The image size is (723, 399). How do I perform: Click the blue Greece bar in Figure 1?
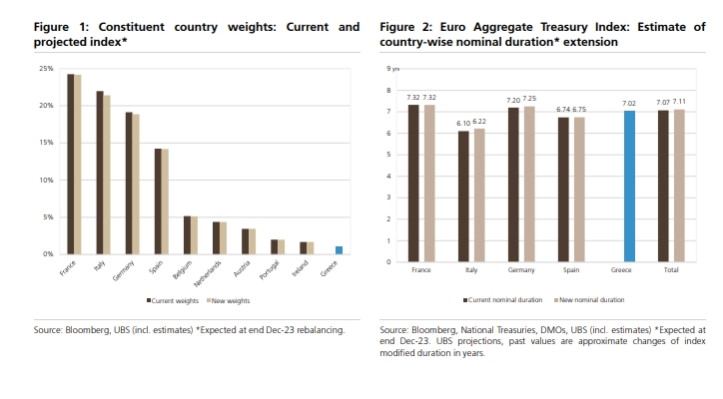click(339, 250)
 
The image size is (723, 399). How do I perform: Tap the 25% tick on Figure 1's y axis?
click(46, 68)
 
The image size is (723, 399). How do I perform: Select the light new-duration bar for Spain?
click(578, 190)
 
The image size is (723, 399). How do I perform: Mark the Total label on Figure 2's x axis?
click(671, 270)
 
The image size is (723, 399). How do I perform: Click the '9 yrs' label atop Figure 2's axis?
click(394, 68)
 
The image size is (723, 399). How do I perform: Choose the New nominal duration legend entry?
click(591, 298)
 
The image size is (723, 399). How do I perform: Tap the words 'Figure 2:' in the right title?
click(401, 27)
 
